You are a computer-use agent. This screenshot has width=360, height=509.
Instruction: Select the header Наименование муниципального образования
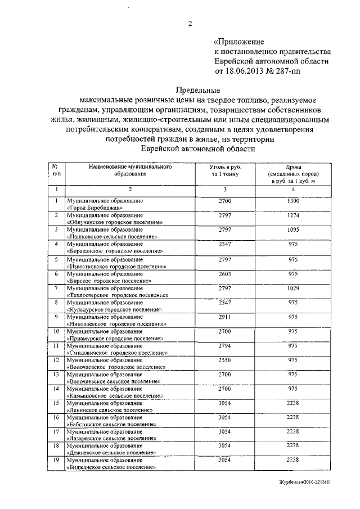[130, 170]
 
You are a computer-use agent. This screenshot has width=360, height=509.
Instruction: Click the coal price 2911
[224, 317]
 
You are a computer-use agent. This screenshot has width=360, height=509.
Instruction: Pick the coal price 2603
[224, 273]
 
